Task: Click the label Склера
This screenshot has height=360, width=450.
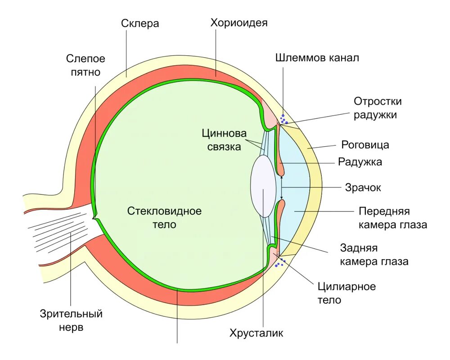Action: (x=140, y=23)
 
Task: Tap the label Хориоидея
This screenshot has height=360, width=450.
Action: (x=239, y=23)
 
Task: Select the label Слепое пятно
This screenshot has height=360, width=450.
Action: (x=85, y=65)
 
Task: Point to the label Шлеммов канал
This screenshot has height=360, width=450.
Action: (x=317, y=58)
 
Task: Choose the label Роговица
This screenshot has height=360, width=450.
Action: (x=365, y=145)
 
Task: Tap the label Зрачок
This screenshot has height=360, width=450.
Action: (x=363, y=188)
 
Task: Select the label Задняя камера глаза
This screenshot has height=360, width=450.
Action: (x=374, y=255)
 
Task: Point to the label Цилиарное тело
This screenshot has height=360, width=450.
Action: (x=346, y=293)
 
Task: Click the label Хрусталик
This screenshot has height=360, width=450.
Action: (x=256, y=333)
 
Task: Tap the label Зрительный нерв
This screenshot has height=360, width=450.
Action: (x=71, y=320)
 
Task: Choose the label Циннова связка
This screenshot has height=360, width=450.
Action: (x=224, y=140)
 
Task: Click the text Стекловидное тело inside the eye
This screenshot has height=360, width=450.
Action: (x=164, y=217)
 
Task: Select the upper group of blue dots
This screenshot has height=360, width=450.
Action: (x=283, y=119)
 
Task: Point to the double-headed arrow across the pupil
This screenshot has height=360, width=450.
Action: (x=282, y=187)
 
